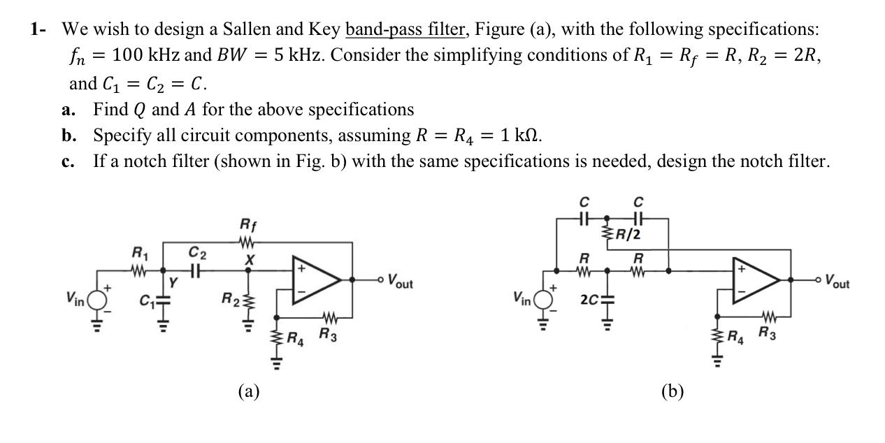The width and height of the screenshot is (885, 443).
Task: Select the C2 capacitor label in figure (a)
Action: [x=198, y=252]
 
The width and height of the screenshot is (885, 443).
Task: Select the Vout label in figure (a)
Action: [x=399, y=283]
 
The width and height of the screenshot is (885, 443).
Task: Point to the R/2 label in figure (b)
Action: [x=627, y=234]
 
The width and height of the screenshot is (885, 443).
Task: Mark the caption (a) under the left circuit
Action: [x=248, y=391]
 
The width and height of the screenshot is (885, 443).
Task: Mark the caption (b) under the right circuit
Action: [x=672, y=391]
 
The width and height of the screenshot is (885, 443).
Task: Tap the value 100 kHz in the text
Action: [x=147, y=55]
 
